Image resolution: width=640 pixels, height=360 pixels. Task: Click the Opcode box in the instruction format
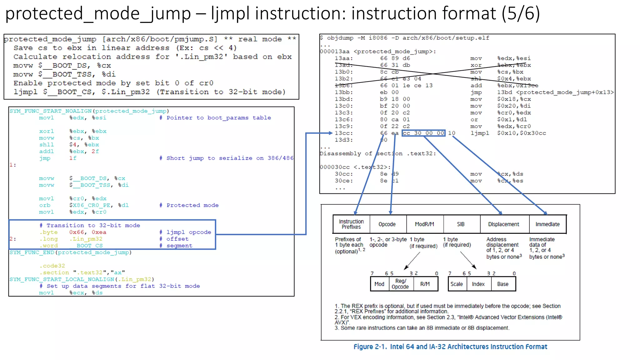pyautogui.click(x=387, y=224)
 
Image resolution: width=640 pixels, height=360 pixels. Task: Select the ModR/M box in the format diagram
pyautogui.click(x=424, y=224)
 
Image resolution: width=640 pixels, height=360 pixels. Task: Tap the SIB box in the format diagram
pyautogui.click(x=461, y=224)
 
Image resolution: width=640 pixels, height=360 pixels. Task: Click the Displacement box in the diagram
pyautogui.click(x=504, y=224)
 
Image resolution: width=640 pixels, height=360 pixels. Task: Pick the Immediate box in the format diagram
pyautogui.click(x=547, y=224)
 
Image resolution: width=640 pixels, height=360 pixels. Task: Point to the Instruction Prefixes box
pyautogui.click(x=351, y=224)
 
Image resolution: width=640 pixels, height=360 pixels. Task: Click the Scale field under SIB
pyautogui.click(x=457, y=284)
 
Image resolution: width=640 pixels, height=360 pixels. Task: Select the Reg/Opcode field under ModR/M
pyautogui.click(x=400, y=284)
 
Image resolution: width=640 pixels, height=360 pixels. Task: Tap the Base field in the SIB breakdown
pyautogui.click(x=503, y=284)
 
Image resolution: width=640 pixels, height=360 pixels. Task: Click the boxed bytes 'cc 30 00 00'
pyautogui.click(x=423, y=133)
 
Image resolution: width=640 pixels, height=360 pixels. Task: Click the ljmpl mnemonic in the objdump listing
pyautogui.click(x=480, y=133)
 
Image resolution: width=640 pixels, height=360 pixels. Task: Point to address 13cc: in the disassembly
pyautogui.click(x=344, y=133)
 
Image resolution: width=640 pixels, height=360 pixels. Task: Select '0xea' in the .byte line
pyautogui.click(x=99, y=232)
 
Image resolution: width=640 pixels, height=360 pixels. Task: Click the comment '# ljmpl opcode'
pyautogui.click(x=185, y=232)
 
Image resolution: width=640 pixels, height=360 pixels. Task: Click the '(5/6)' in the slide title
pyautogui.click(x=521, y=14)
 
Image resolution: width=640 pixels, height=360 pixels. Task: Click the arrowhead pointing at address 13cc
pyautogui.click(x=330, y=133)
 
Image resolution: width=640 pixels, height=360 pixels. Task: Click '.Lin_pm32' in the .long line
pyautogui.click(x=86, y=239)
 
